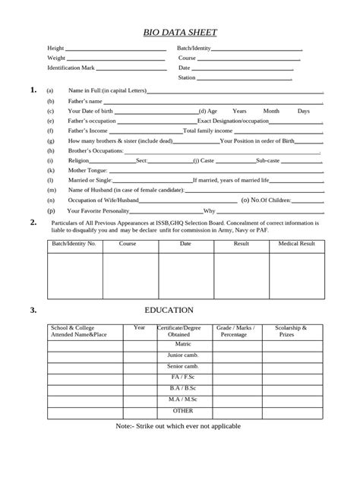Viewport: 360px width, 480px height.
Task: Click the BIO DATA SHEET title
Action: pos(180,33)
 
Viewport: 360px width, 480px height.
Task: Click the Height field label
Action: pos(55,48)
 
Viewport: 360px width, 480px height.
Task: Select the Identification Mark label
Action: pos(71,68)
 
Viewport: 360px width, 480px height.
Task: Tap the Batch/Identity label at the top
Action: pos(194,48)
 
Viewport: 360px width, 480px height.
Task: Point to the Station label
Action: pos(187,77)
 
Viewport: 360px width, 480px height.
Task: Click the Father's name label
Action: pos(85,100)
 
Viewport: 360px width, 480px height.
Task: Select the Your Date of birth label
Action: pos(92,111)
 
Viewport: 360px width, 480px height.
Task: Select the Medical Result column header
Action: pos(297,244)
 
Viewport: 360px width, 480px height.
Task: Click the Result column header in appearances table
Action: pos(242,244)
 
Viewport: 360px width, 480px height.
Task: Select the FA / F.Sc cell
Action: pos(183,377)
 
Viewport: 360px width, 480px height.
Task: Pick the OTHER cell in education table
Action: pos(183,410)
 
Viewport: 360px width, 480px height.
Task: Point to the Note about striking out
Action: pos(178,426)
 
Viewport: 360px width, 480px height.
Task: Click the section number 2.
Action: pos(33,222)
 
